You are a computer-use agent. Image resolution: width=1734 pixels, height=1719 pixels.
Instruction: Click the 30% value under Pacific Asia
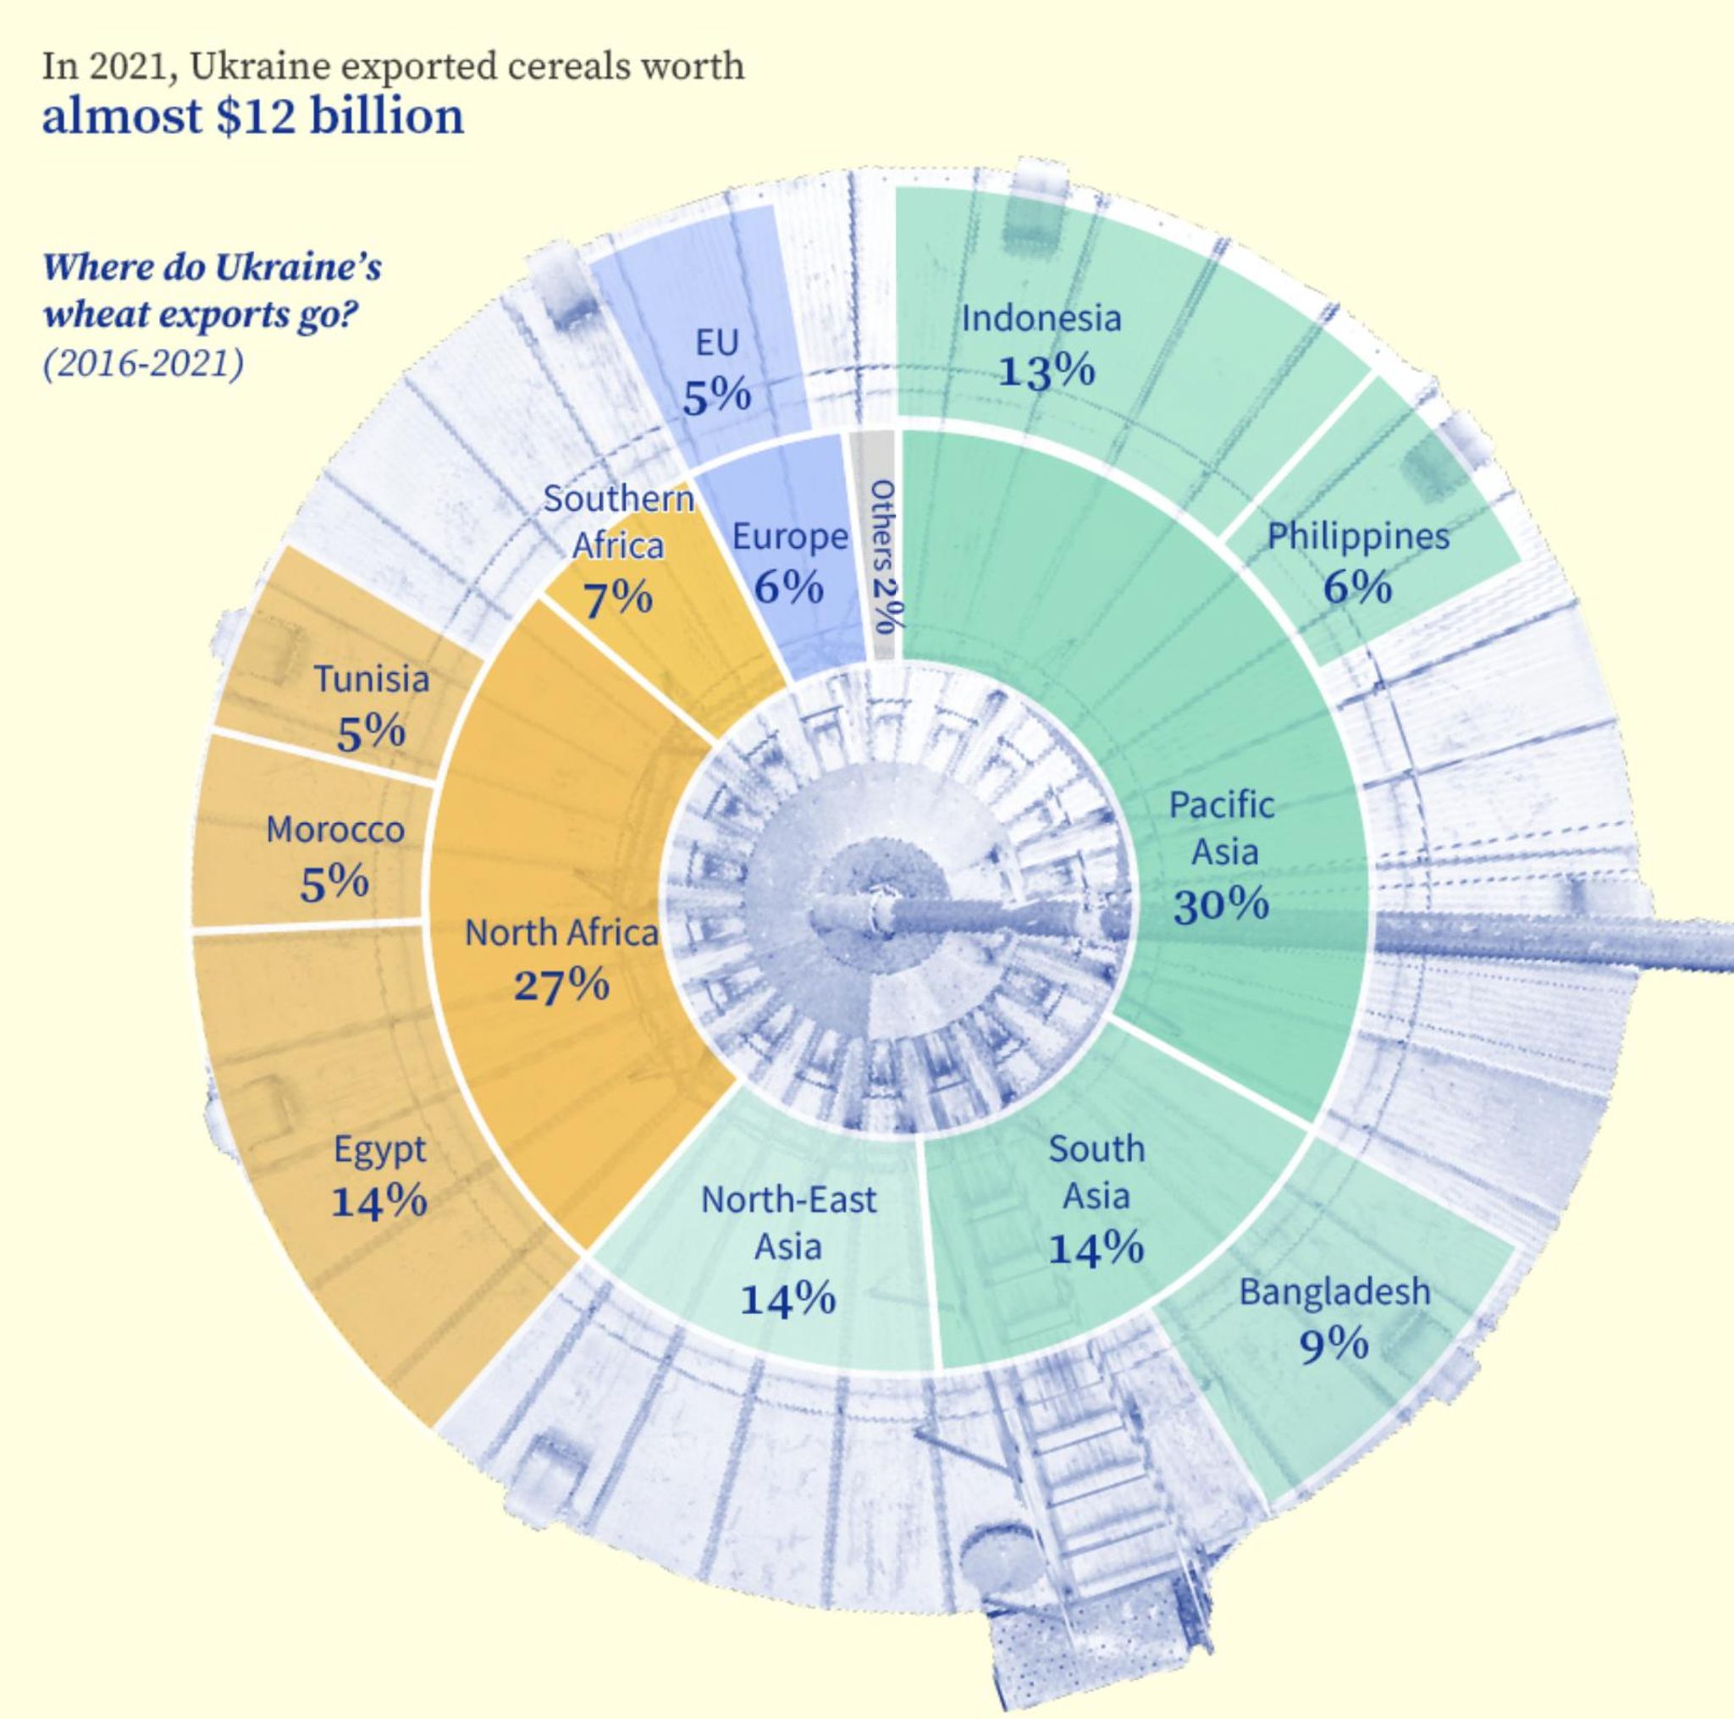pyautogui.click(x=1221, y=905)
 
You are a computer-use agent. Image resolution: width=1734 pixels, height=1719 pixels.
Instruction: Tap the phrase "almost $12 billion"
pyautogui.click(x=253, y=117)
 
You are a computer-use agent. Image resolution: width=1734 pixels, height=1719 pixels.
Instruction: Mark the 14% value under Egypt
pyautogui.click(x=378, y=1201)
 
